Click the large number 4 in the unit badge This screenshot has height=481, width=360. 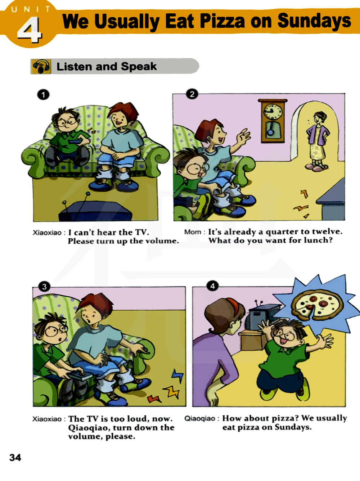(30, 30)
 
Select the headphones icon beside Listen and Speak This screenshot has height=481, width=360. (41, 66)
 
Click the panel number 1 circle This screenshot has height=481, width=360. (43, 95)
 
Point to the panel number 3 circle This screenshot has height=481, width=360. (44, 287)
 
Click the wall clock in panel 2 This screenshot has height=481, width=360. (273, 121)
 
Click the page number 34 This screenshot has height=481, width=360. (15, 458)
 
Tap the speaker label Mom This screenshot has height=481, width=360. (193, 232)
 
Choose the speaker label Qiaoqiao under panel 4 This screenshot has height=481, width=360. (200, 419)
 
